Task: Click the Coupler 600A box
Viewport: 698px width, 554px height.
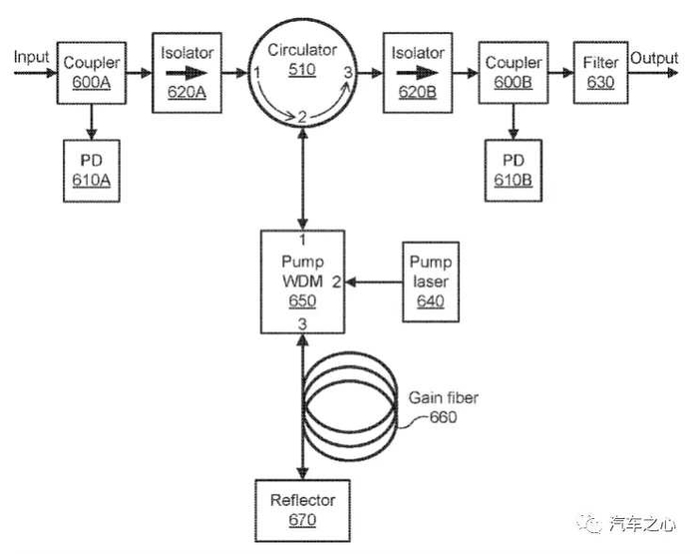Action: coord(92,72)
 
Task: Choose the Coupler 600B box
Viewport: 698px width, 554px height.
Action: coord(513,72)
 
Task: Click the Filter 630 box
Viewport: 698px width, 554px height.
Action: coord(600,70)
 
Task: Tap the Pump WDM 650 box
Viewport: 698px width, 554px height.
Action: coord(300,282)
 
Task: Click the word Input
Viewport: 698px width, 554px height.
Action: coord(30,57)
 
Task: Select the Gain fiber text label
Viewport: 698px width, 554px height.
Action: coord(444,398)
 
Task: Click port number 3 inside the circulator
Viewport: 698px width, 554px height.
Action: coord(346,72)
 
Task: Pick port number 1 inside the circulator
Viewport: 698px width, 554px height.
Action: coord(257,73)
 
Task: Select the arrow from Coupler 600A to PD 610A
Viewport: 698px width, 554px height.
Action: coord(92,121)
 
